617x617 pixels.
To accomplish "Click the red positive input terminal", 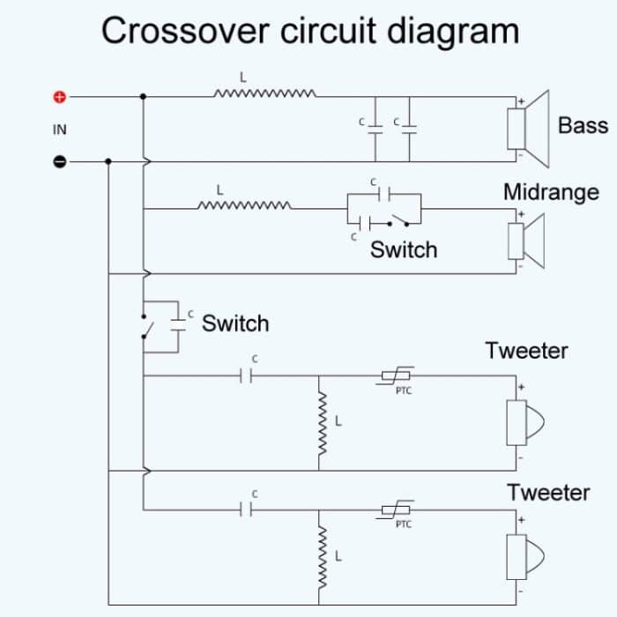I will [60, 96].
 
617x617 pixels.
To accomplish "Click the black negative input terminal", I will [60, 162].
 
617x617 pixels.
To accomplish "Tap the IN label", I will [60, 130].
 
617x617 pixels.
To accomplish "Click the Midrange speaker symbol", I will [525, 240].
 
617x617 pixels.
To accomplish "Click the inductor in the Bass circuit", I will [264, 93].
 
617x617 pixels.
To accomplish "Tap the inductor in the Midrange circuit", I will [246, 207].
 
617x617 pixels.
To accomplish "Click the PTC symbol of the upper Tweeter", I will [397, 376].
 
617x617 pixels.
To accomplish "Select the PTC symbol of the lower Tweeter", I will [397, 509].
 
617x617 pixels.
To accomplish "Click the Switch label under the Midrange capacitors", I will [403, 249].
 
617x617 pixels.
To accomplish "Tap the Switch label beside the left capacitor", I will [235, 323].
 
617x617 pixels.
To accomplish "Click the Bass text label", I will [583, 125].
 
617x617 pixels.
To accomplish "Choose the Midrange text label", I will [551, 192].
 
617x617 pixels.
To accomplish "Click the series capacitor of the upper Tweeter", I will [248, 376].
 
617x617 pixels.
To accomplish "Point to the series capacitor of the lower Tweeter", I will [248, 509].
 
